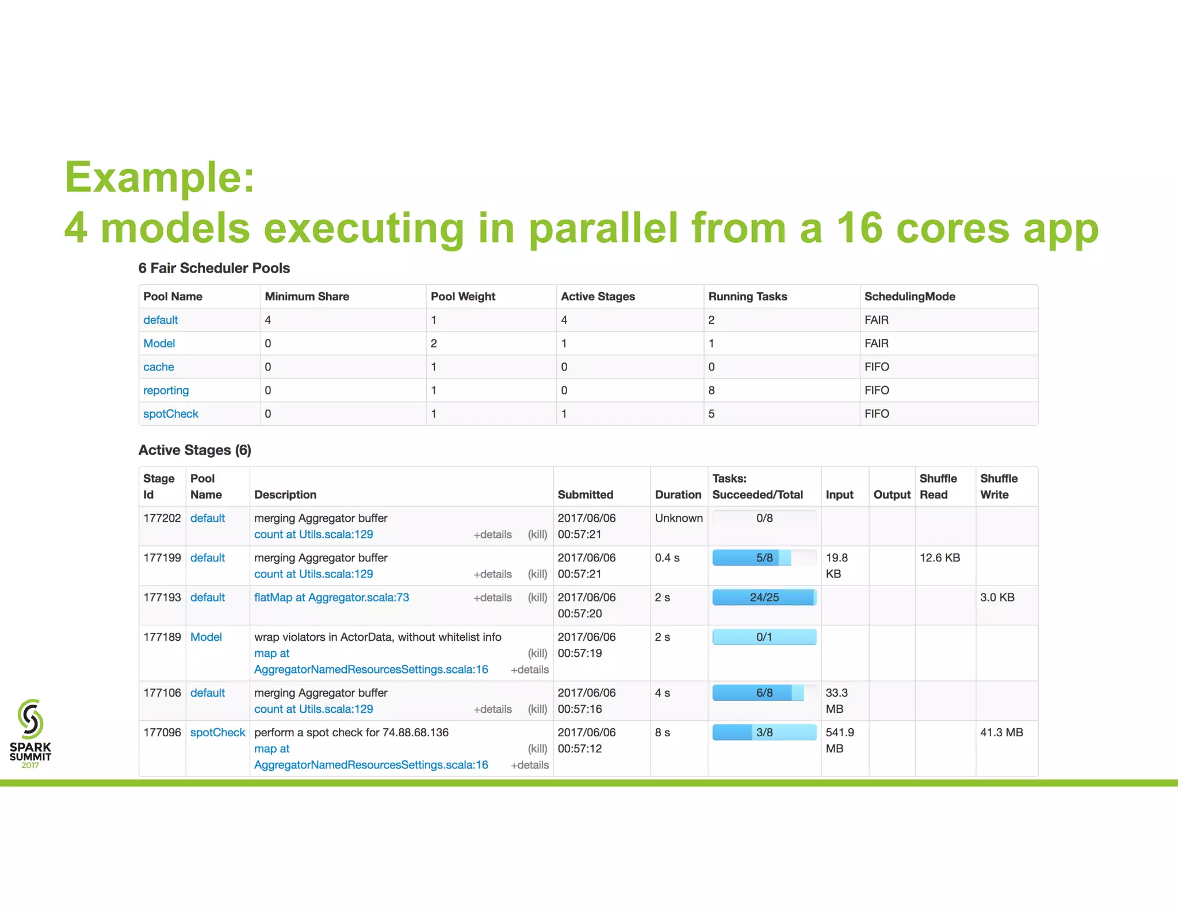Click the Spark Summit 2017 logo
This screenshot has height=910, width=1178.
click(30, 733)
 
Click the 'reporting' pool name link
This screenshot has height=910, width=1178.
click(166, 391)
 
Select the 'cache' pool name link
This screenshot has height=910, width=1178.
click(158, 367)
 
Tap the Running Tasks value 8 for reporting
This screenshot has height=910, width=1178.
click(712, 391)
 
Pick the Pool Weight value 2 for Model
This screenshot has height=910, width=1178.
click(434, 343)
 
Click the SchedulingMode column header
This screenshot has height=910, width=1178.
click(909, 297)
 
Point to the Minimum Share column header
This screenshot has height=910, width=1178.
click(307, 297)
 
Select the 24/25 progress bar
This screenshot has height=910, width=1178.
click(764, 598)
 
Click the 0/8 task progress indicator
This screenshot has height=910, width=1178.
click(764, 518)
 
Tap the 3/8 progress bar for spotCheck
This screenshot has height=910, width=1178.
click(764, 733)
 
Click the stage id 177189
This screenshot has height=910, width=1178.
click(162, 637)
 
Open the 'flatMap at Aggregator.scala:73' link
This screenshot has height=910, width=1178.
click(331, 598)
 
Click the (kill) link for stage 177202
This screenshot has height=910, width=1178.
click(537, 534)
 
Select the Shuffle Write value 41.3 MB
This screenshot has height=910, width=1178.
click(1001, 733)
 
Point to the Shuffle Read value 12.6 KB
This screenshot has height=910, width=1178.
click(939, 558)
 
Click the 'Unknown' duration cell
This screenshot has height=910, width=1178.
click(678, 518)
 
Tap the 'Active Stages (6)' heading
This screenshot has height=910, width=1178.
click(194, 450)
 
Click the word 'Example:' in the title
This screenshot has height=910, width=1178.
click(159, 177)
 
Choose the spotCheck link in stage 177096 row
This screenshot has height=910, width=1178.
click(217, 733)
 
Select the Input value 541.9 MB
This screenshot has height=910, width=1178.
click(839, 740)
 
